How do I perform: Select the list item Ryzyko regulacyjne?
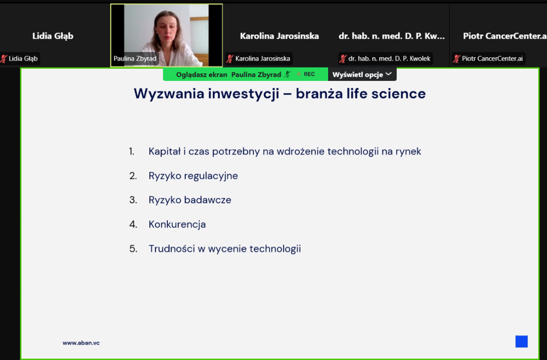(x=193, y=176)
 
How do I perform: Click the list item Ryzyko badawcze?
(x=190, y=200)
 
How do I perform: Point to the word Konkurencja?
(x=177, y=224)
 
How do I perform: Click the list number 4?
(x=133, y=224)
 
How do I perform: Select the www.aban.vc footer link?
(x=81, y=343)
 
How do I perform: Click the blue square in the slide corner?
(x=521, y=342)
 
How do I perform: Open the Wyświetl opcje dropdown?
(x=362, y=74)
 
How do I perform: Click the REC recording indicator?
(x=309, y=74)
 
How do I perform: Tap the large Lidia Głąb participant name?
(x=53, y=36)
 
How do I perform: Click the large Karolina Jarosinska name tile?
(x=280, y=36)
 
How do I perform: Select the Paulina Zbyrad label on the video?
(x=135, y=59)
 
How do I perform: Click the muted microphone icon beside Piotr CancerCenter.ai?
(x=456, y=59)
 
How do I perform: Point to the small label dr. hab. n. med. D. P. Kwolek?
(x=389, y=59)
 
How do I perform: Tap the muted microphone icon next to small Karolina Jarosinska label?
(x=230, y=59)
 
